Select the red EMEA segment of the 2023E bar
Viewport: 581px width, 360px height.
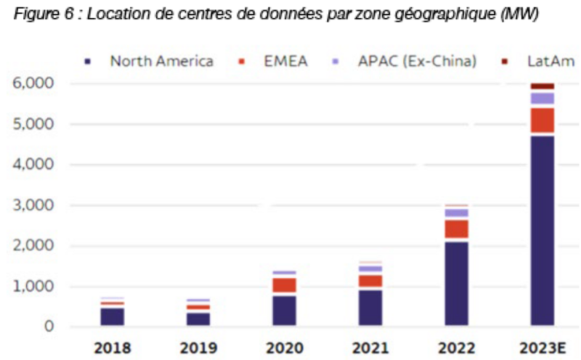tap(542, 120)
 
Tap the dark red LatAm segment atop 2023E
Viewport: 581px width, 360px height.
tap(542, 86)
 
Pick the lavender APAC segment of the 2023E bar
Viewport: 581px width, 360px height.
tap(542, 98)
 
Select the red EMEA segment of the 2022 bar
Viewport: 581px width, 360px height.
tap(456, 229)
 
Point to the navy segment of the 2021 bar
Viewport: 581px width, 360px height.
tap(370, 307)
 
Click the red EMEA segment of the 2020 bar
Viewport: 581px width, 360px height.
tap(284, 285)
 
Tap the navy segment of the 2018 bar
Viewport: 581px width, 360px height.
tap(112, 316)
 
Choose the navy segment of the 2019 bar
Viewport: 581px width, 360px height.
tap(198, 319)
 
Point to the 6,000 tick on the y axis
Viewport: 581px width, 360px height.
tap(33, 83)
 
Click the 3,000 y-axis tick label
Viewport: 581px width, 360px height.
tap(33, 205)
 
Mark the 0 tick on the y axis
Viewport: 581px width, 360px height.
tap(49, 327)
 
